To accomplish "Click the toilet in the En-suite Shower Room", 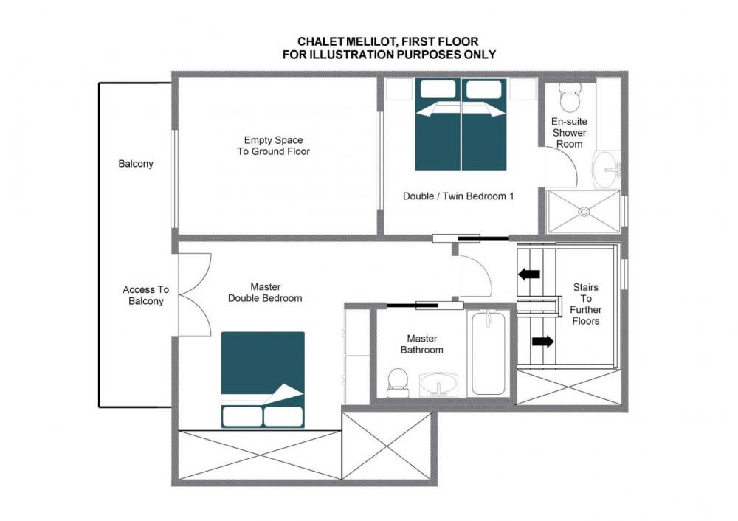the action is click(x=570, y=98).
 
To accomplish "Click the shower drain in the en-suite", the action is click(x=584, y=212).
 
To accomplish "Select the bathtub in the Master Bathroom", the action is click(x=489, y=353).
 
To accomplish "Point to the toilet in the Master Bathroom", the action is click(x=397, y=382).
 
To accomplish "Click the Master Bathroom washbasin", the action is click(x=438, y=385).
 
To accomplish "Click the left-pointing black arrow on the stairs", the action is click(x=528, y=274).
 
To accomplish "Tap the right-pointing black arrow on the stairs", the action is click(x=543, y=341).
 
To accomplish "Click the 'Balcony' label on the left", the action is click(x=136, y=164).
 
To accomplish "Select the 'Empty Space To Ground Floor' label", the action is click(x=274, y=146).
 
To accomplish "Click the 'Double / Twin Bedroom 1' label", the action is click(x=458, y=196).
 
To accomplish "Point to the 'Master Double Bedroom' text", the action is click(x=265, y=292).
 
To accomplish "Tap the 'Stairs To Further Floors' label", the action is click(x=585, y=304).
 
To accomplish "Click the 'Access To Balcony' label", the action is click(x=146, y=295).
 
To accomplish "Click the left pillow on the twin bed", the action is click(x=438, y=89).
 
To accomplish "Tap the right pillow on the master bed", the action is click(x=283, y=416).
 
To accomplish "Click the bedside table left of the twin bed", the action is click(x=399, y=89).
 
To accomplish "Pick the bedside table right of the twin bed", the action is click(x=523, y=89).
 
